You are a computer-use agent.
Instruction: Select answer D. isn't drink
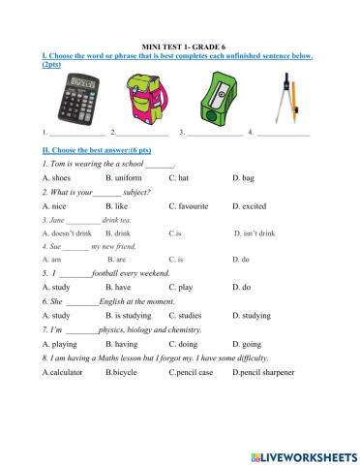click(255, 233)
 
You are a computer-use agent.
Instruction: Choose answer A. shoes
click(57, 179)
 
